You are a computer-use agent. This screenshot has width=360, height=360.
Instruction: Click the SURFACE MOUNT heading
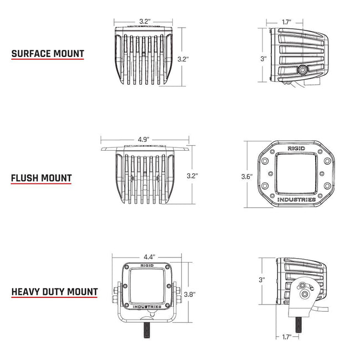click(x=48, y=54)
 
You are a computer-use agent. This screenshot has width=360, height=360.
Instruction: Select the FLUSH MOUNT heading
click(x=41, y=178)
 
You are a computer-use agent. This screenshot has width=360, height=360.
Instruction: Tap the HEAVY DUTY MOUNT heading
click(x=54, y=291)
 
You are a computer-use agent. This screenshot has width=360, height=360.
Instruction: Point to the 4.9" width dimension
click(x=145, y=139)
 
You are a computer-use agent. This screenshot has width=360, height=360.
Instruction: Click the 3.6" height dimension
click(x=247, y=177)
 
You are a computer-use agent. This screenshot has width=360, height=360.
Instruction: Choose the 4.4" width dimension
click(x=148, y=257)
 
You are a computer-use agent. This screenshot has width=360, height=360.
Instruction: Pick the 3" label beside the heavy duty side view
click(x=263, y=280)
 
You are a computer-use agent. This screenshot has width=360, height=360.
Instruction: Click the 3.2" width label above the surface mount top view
click(x=145, y=22)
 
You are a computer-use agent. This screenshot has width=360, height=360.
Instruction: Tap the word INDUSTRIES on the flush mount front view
click(x=296, y=199)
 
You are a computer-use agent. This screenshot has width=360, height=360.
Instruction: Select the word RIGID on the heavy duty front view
click(x=148, y=266)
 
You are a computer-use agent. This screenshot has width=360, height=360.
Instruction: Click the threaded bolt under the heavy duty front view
click(x=148, y=330)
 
